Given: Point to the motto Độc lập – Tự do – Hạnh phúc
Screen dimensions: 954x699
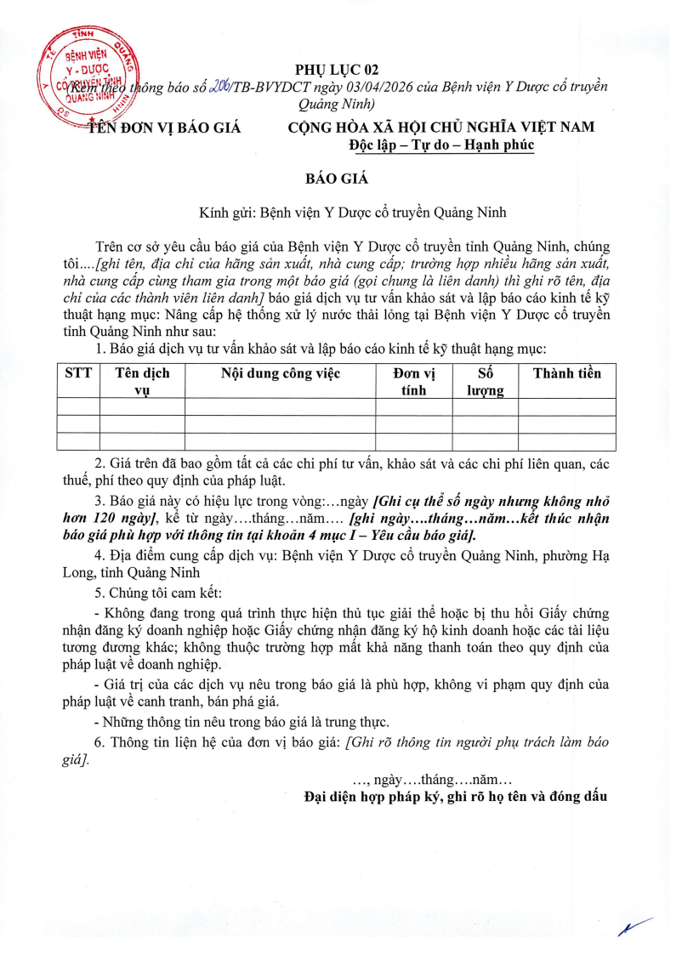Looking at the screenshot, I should [x=441, y=145].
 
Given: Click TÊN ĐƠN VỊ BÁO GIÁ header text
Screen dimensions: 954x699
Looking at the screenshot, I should [x=165, y=128].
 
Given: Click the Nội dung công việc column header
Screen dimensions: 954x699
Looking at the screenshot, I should [x=280, y=373].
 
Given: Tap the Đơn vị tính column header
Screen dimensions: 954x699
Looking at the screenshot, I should [x=413, y=382].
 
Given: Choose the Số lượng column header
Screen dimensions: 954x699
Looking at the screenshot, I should [x=485, y=382].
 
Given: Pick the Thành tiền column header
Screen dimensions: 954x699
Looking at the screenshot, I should [x=566, y=373].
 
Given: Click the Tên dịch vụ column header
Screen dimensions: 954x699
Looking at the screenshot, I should [x=142, y=382].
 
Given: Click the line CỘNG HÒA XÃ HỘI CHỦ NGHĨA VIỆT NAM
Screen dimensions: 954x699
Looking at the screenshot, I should [x=441, y=128].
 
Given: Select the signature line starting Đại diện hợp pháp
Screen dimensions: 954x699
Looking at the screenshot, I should [x=456, y=797].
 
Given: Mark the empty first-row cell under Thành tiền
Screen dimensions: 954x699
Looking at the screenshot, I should [x=566, y=407].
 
